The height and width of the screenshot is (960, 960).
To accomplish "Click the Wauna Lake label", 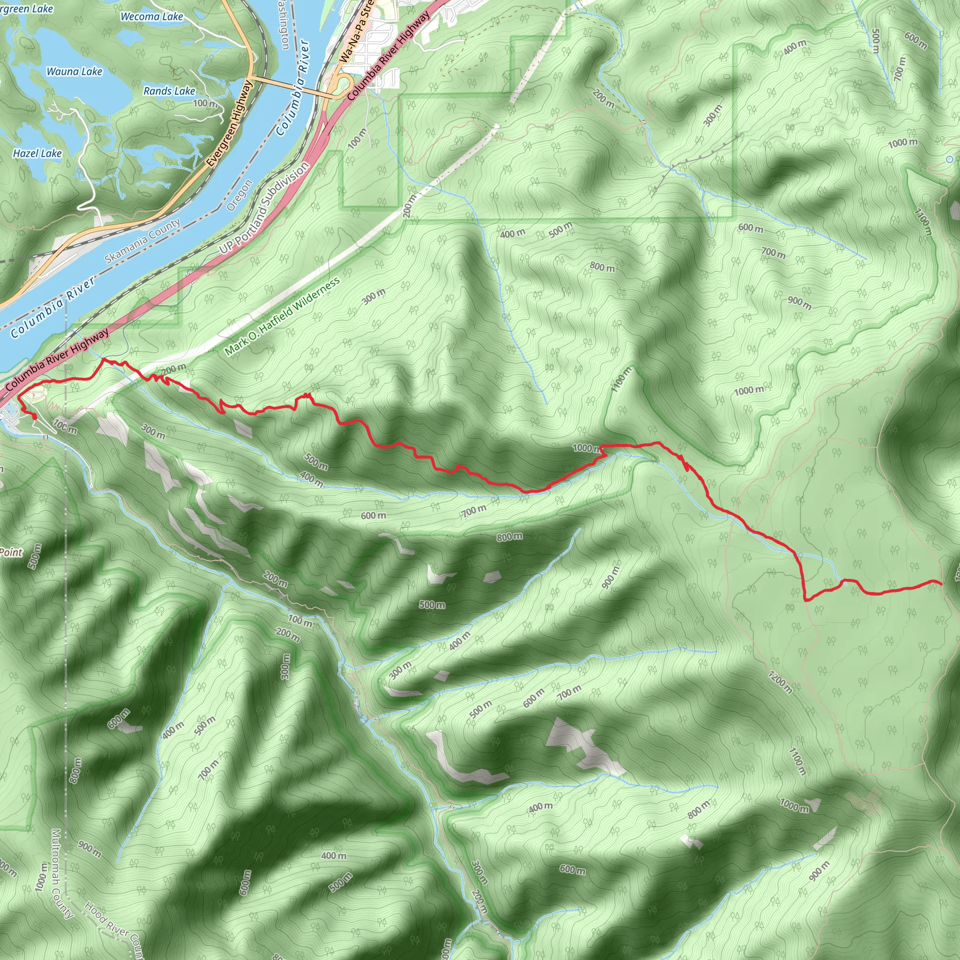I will click(75, 72).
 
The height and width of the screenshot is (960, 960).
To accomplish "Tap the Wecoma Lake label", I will click(152, 16).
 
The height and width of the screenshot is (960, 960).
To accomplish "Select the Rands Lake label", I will click(169, 91).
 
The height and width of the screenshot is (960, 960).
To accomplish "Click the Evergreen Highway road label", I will click(230, 124).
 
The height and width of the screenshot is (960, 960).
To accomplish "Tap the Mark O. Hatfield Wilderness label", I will click(282, 316).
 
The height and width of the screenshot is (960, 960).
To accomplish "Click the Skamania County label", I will click(142, 241).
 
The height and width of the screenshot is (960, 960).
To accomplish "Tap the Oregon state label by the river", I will click(240, 196).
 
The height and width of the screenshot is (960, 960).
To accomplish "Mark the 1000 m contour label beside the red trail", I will click(587, 448).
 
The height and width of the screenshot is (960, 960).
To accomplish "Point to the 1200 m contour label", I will click(780, 682).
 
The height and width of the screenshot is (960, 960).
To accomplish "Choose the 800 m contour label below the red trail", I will click(510, 537).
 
